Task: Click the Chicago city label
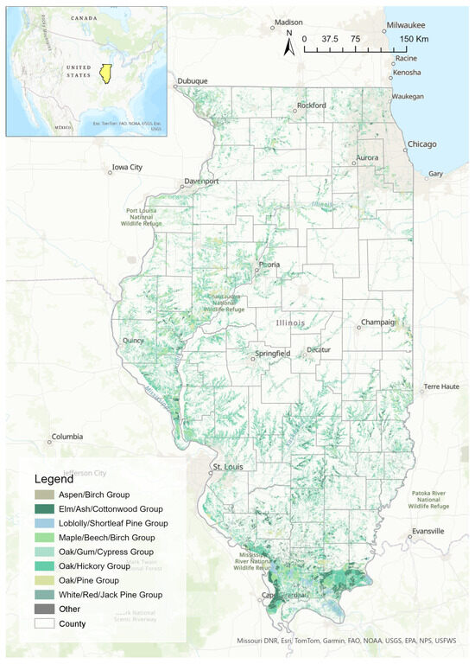(x=423, y=144)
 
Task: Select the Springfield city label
(x=271, y=354)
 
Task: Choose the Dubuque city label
(x=193, y=81)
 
